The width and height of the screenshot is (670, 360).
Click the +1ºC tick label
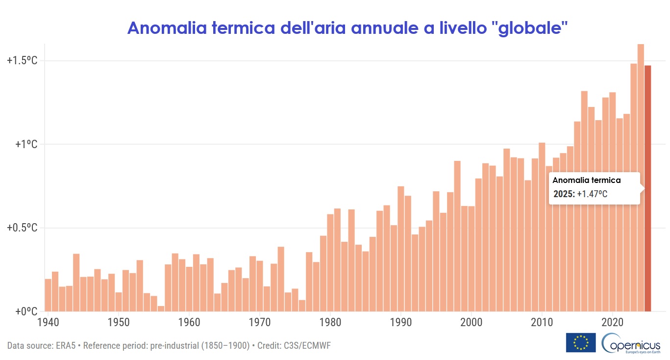point(26,144)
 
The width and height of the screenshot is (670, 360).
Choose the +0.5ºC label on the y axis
point(22,228)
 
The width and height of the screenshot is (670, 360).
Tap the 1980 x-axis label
point(330,324)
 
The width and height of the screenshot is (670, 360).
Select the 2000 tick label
point(471,324)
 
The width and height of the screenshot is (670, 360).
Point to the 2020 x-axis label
point(612,324)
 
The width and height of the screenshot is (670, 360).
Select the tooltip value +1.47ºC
point(592,194)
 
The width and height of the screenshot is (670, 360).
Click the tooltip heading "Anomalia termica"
point(587,180)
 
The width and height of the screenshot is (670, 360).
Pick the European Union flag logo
point(581,342)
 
